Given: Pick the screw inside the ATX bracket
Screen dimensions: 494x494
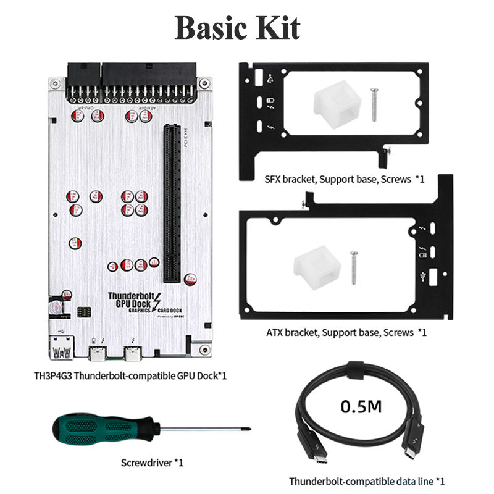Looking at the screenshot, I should [354, 267].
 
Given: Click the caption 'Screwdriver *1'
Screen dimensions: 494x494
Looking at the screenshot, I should [153, 462].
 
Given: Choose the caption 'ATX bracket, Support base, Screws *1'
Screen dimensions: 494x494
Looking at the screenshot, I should [346, 332].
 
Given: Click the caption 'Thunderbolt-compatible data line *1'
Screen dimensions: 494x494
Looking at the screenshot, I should [367, 480].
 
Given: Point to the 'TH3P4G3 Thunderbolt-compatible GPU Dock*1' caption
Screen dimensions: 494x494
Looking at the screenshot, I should [130, 375].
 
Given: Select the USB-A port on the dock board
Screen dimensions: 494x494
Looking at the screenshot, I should [60, 352].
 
